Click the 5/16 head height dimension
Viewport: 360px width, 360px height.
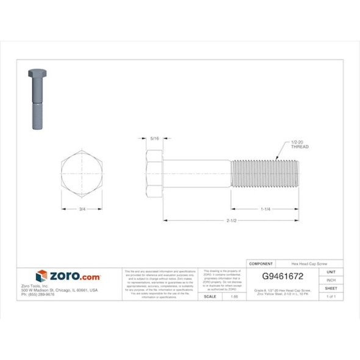pyautogui.click(x=154, y=140)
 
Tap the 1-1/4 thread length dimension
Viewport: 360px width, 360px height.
pyautogui.click(x=265, y=209)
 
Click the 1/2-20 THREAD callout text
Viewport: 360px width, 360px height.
pyautogui.click(x=300, y=145)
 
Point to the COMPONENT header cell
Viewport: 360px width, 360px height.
pyautogui.click(x=262, y=264)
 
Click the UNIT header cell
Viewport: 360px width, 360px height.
pyautogui.click(x=331, y=272)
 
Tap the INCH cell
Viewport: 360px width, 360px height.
pyautogui.click(x=331, y=279)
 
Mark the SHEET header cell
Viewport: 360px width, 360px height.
pyautogui.click(x=331, y=287)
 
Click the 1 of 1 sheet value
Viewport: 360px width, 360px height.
pyautogui.click(x=331, y=296)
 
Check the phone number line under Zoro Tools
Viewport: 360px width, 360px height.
pyautogui.click(x=38, y=294)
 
